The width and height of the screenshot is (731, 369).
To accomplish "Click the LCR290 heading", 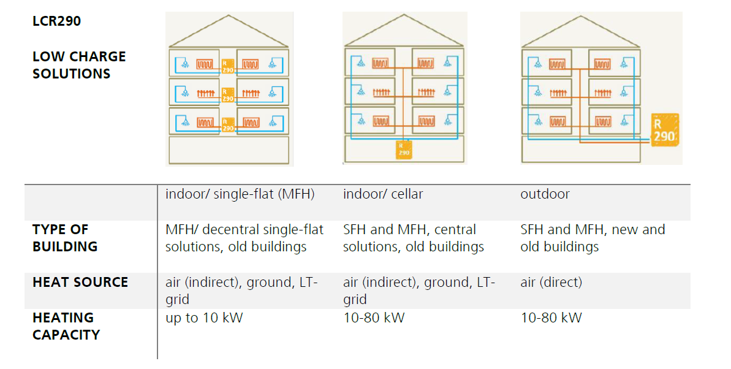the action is click(56, 21).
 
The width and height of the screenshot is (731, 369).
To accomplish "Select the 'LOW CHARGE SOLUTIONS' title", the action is click(79, 65).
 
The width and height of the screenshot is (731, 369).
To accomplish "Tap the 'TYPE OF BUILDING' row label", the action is click(65, 238).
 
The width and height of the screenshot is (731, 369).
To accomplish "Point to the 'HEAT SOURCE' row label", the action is click(80, 282).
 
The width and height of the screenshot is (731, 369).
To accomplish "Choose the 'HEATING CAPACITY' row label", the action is click(66, 326).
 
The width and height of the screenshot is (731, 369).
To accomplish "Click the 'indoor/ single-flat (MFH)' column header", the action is click(240, 194).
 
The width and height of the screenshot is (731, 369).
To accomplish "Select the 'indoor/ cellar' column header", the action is click(383, 194).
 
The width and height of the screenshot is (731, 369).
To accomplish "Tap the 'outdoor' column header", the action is click(545, 194).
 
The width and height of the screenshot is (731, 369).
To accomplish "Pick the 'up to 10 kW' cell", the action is click(203, 318).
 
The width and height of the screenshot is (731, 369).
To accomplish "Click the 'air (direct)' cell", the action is click(551, 282).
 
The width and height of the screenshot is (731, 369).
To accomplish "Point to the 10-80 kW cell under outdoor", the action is click(551, 318).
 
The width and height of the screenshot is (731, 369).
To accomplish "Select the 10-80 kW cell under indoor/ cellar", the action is click(374, 318).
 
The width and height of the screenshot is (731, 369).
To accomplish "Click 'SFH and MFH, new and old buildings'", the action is click(593, 238).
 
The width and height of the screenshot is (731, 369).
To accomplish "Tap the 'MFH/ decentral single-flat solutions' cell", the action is click(244, 238).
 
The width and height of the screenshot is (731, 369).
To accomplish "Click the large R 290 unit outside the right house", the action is click(665, 130).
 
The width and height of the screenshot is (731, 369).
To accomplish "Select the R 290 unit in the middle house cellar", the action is click(404, 150).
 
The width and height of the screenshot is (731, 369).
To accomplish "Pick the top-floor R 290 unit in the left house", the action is click(227, 66).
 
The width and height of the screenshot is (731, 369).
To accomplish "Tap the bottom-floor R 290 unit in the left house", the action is click(227, 124).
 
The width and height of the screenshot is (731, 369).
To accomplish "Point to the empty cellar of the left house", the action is click(229, 150).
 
